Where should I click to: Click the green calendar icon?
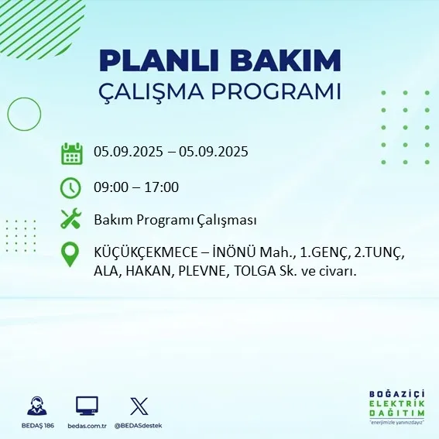71,153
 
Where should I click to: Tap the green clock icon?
71,187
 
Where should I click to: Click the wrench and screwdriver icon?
71,220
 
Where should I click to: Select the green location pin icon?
71,255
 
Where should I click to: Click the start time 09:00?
111,187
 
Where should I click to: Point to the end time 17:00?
162,187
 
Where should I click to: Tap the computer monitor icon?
87,406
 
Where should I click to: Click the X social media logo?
139,406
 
